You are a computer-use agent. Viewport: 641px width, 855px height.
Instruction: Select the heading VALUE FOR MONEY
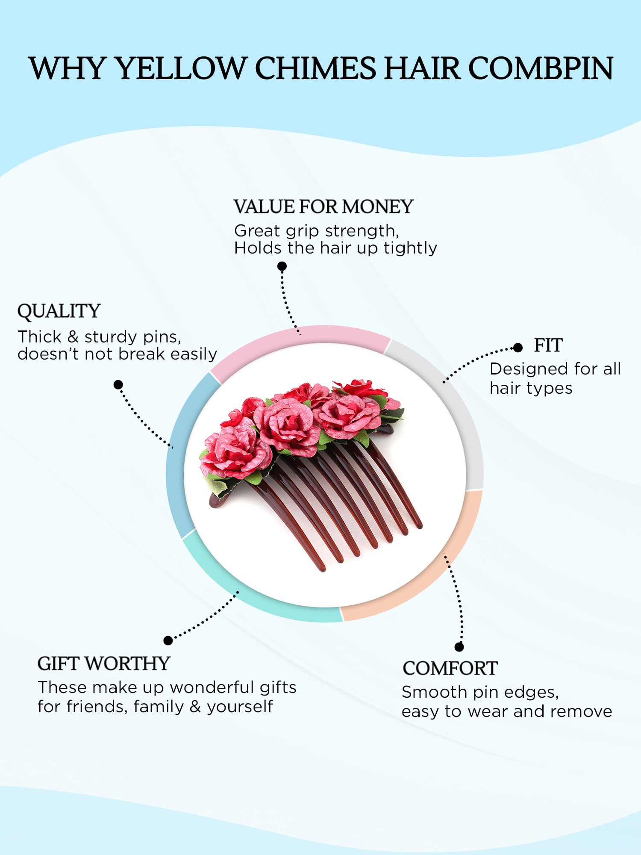click(x=323, y=207)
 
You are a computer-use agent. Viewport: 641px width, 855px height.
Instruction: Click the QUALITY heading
click(x=59, y=311)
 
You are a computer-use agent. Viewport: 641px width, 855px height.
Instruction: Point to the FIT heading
click(x=548, y=345)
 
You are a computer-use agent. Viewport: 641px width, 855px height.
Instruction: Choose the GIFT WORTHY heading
click(x=104, y=664)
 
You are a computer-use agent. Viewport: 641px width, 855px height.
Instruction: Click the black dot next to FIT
click(x=518, y=348)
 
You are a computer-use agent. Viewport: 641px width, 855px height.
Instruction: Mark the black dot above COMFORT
click(x=459, y=647)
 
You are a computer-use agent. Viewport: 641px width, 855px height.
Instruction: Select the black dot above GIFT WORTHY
click(x=168, y=640)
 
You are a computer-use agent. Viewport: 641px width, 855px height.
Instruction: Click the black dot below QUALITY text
click(x=118, y=385)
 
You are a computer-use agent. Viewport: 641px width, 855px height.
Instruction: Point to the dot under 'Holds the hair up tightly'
click(x=282, y=266)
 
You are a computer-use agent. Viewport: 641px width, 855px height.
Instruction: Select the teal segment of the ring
click(x=256, y=598)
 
